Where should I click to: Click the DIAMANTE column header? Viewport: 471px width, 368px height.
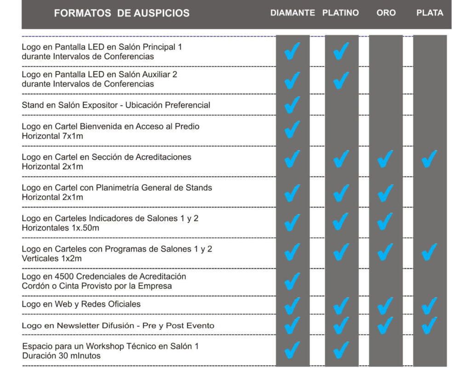[x=293, y=13]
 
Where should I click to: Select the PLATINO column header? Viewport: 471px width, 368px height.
[x=340, y=13]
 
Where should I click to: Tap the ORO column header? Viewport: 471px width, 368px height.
[x=386, y=13]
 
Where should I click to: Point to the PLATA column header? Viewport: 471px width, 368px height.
[x=430, y=13]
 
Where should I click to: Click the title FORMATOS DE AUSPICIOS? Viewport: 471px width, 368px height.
[x=121, y=13]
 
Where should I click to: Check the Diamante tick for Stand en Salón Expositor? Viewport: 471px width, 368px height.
[x=292, y=105]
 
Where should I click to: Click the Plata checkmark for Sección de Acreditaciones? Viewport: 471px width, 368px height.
[x=429, y=159]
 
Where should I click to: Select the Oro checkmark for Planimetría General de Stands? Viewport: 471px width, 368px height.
[x=385, y=193]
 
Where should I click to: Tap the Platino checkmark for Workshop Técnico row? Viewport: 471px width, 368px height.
[x=341, y=350]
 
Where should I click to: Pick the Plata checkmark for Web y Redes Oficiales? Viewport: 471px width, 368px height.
[x=429, y=305]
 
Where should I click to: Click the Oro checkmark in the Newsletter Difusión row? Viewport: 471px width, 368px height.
[x=385, y=326]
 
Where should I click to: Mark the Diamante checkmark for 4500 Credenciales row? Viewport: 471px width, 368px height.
[x=292, y=281]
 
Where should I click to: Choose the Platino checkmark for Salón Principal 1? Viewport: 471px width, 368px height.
[x=341, y=51]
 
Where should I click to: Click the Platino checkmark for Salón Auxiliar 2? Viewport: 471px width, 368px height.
[x=341, y=80]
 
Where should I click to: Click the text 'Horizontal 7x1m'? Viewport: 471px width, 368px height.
[x=52, y=136]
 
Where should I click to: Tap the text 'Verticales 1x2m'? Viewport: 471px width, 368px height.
[x=52, y=259]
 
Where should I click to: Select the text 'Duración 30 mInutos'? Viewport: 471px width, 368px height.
[x=61, y=356]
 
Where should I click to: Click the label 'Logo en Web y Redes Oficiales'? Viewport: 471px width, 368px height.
[x=81, y=304]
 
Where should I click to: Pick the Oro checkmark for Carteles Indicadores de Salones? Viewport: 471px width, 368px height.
[x=385, y=222]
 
